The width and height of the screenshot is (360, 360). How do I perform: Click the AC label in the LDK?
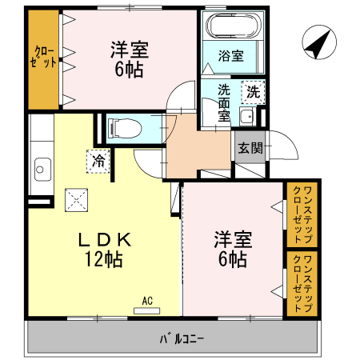point(146,301)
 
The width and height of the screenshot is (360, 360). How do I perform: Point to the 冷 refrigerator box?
point(98,160)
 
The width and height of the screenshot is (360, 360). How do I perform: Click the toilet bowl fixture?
point(124,127)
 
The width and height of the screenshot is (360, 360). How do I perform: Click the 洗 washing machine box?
point(253,91)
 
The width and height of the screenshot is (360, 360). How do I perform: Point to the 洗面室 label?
point(224,102)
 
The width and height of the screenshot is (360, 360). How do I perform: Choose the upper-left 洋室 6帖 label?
point(128,59)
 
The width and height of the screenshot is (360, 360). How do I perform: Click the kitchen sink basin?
point(42,169)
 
